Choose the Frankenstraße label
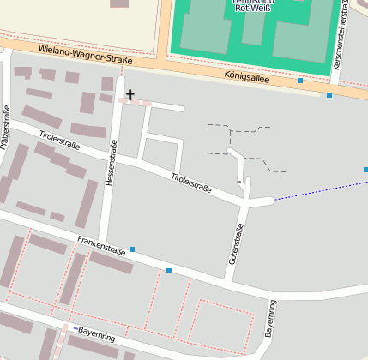point(101,246)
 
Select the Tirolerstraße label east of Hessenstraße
point(191,182)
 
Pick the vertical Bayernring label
point(271,317)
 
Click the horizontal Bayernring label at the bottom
point(96,333)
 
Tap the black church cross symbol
point(130,94)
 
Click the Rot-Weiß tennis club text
point(254,3)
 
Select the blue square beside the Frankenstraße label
point(132,249)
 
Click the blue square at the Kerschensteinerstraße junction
point(329,95)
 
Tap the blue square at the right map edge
point(365,170)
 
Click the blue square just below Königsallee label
point(300,81)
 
